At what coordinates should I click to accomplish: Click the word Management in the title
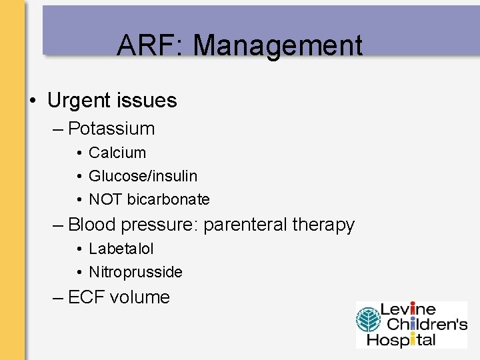278,46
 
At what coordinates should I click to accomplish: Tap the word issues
151,101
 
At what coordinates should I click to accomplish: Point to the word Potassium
111,129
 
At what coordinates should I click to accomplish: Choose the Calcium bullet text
117,153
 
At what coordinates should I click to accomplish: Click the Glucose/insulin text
143,176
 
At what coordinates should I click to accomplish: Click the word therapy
323,225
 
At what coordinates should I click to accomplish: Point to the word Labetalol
121,249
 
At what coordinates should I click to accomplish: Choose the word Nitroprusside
135,272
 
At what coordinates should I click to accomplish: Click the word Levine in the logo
408,310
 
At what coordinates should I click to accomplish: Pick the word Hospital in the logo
407,339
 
